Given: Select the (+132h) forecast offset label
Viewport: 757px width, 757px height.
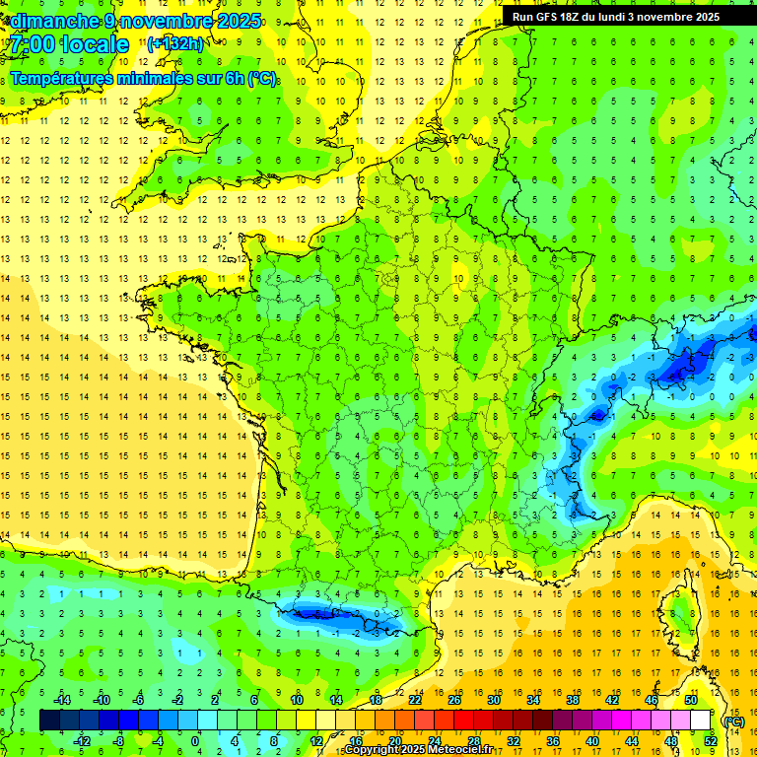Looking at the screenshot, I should pos(175,43).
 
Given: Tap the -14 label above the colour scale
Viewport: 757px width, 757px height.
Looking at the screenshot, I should pos(61,699).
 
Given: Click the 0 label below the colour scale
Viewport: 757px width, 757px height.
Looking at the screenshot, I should pos(194,741).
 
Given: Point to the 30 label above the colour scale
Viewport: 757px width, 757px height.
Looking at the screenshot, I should pos(494,699).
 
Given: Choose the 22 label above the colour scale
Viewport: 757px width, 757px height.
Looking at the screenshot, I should pos(415,699).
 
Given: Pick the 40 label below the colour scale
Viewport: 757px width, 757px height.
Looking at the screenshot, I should pos(591,741).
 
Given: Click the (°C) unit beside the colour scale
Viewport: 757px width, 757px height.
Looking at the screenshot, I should pos(733,721).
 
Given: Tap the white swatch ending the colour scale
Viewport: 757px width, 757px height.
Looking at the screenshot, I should pos(700,720).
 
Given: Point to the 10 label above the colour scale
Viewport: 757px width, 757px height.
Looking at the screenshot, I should pos(296,699).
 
